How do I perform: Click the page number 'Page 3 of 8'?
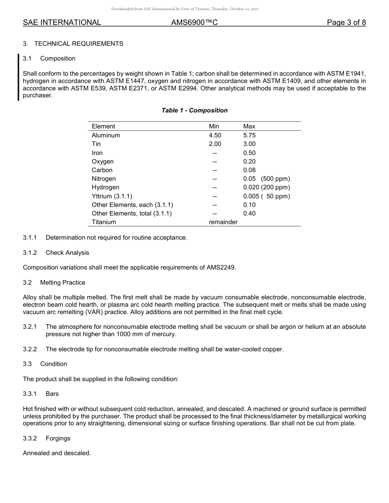click(x=346, y=23)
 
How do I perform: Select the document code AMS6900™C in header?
click(x=194, y=23)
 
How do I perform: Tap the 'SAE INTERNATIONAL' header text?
click(x=62, y=23)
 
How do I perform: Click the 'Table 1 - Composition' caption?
click(x=194, y=110)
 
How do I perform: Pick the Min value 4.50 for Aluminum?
click(x=215, y=135)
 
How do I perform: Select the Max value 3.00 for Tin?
click(x=249, y=144)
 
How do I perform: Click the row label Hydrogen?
click(x=105, y=187)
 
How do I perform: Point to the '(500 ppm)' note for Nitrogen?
click(x=275, y=179)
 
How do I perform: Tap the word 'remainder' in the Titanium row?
click(x=223, y=222)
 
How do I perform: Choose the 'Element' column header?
click(x=103, y=126)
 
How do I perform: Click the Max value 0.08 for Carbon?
click(x=249, y=170)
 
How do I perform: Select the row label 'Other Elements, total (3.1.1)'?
click(x=131, y=213)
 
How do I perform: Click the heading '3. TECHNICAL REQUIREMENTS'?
click(x=73, y=44)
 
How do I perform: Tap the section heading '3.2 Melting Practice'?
click(x=54, y=283)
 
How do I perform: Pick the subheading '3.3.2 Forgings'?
click(x=47, y=438)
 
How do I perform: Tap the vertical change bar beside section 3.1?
click(x=18, y=77)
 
